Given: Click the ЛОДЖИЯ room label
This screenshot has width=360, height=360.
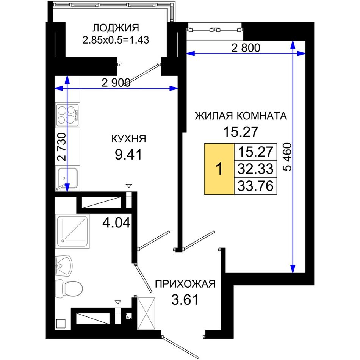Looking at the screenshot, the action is click(x=116, y=28).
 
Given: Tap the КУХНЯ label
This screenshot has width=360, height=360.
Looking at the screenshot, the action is click(x=128, y=139).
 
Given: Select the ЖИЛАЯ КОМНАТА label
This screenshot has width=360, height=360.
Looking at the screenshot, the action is click(x=241, y=116).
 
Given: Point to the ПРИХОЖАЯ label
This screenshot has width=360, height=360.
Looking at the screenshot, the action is click(x=185, y=284).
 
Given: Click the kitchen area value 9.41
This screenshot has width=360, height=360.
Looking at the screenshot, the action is click(x=128, y=155).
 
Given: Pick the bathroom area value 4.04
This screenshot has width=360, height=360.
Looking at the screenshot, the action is click(x=116, y=222).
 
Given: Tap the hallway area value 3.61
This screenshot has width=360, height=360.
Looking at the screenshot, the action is click(x=185, y=300).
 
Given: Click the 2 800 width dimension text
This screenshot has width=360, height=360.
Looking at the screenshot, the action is click(x=246, y=48).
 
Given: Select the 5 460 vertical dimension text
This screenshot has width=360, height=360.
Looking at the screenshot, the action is click(x=287, y=157).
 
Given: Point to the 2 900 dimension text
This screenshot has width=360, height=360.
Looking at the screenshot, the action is click(x=116, y=83).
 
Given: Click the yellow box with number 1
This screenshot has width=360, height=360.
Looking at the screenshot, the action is click(x=219, y=169).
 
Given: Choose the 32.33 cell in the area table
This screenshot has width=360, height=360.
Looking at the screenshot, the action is click(x=255, y=169).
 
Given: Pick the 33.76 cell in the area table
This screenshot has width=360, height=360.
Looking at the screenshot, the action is click(x=255, y=186).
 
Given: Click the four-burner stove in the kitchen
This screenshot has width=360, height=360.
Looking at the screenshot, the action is click(x=68, y=115).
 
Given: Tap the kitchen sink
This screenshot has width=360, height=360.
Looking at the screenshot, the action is click(x=67, y=178).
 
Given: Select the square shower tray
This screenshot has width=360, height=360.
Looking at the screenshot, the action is click(x=72, y=231).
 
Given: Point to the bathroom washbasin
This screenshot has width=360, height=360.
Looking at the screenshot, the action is click(x=64, y=266).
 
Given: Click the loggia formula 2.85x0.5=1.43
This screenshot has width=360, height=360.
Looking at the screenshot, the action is click(x=116, y=40).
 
